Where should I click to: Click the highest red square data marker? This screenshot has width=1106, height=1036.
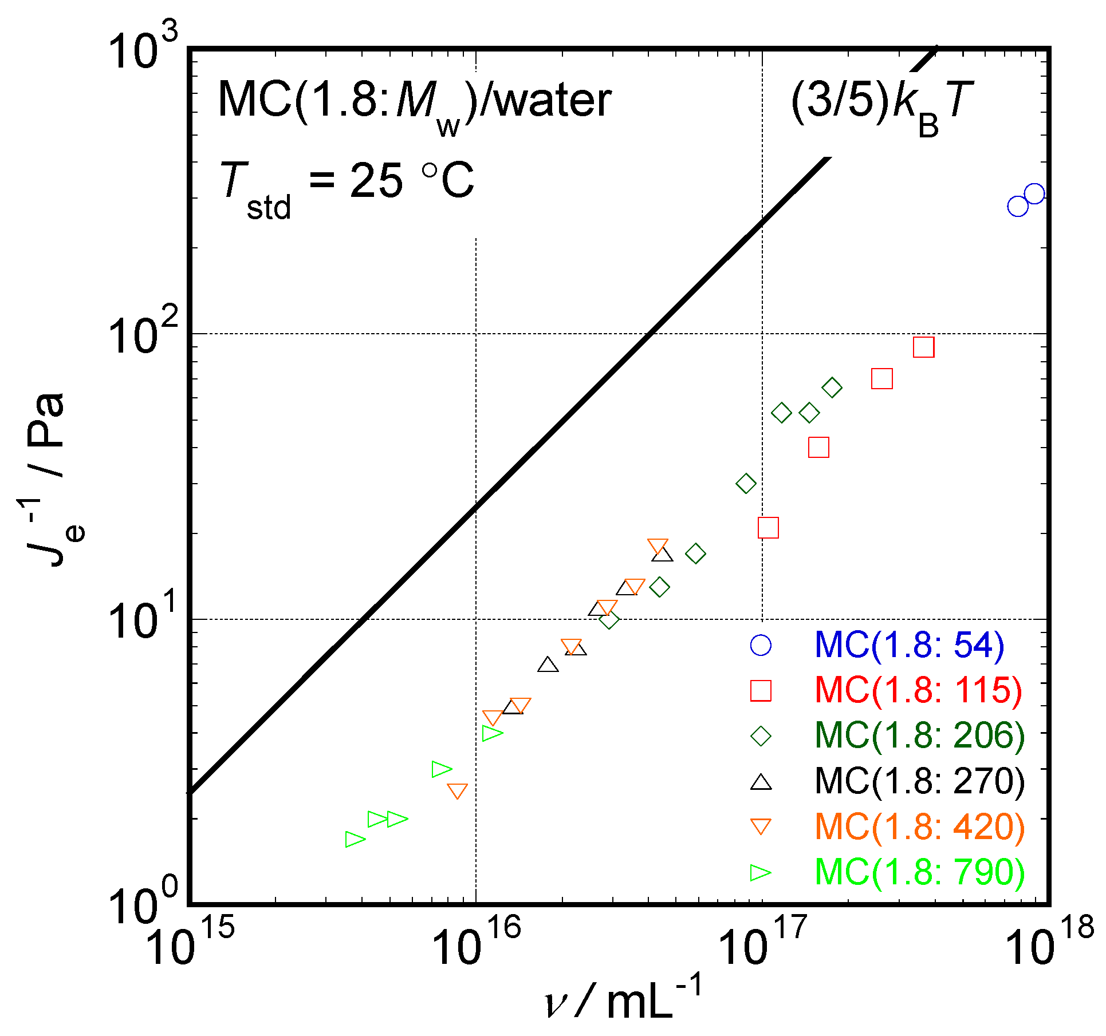tap(924, 347)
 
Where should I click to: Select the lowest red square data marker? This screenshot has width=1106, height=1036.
tap(768, 528)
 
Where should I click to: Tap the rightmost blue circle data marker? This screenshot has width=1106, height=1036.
tap(1034, 194)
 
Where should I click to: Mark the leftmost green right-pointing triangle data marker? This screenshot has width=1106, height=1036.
tap(355, 840)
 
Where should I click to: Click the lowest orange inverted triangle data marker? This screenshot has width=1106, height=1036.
tap(457, 791)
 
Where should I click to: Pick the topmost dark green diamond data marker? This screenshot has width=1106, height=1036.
tap(832, 387)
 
